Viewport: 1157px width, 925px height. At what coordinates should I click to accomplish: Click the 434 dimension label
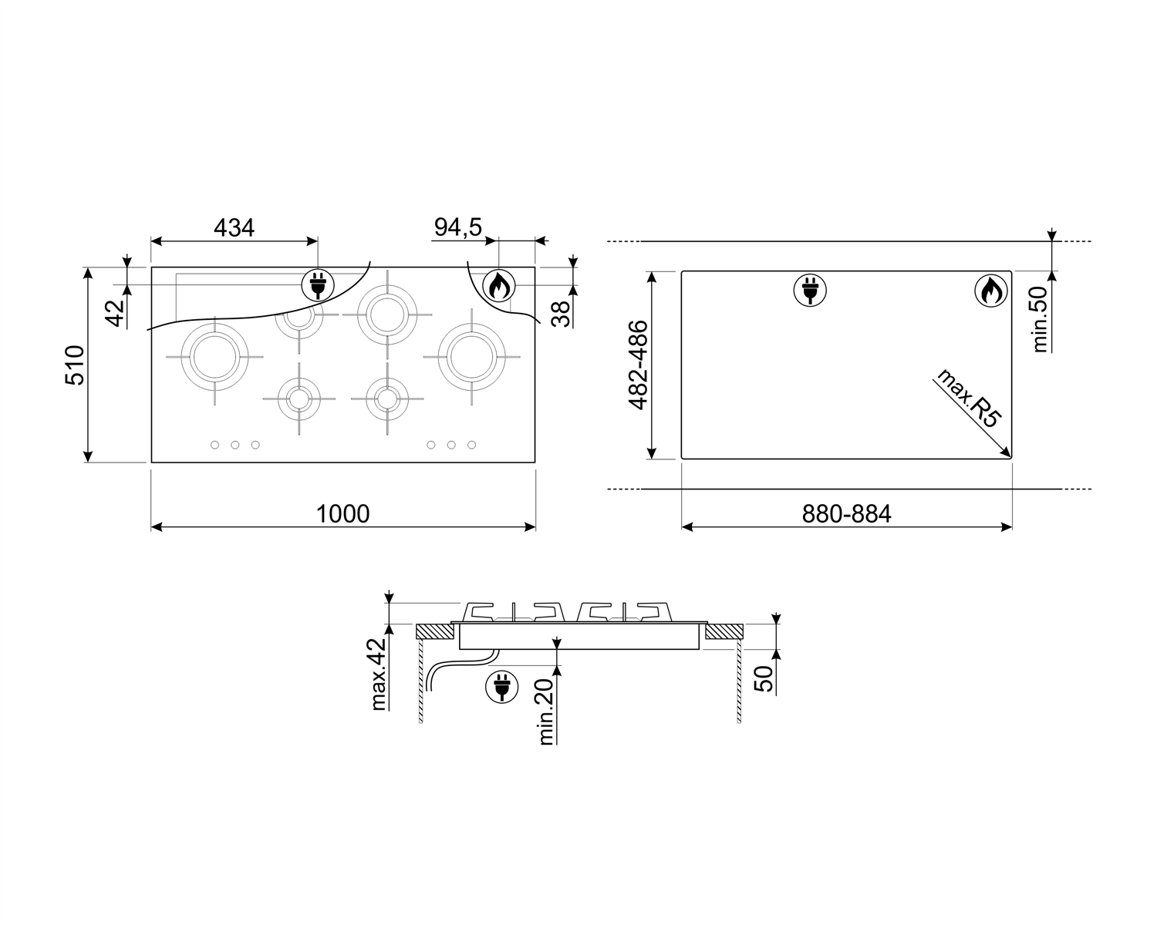tap(234, 228)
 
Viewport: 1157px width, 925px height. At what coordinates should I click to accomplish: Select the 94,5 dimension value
tap(458, 227)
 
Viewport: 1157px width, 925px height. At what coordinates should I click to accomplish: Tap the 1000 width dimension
tap(343, 514)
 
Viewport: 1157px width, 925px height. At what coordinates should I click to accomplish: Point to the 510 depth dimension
tap(75, 365)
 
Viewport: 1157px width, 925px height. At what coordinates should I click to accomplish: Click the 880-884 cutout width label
tap(847, 514)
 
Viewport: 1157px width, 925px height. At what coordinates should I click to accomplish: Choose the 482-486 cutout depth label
tap(638, 365)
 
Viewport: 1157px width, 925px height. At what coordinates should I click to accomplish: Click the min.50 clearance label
tap(1041, 319)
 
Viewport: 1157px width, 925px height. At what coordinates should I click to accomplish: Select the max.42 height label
tap(379, 674)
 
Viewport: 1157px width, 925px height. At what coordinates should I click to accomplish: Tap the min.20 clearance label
tap(546, 711)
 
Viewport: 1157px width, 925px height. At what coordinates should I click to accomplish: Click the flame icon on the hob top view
tap(498, 285)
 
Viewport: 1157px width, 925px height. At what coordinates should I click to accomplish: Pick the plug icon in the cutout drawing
tap(810, 291)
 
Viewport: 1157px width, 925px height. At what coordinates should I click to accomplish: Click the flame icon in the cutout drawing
tap(991, 291)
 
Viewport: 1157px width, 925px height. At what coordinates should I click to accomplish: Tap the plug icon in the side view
tap(501, 687)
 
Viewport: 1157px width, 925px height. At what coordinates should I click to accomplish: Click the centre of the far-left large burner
tap(214, 357)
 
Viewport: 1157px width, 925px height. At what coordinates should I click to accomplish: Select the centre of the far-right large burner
tap(471, 357)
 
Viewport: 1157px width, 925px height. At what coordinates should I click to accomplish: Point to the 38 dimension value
tap(562, 314)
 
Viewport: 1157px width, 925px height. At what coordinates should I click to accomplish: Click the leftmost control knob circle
tap(214, 445)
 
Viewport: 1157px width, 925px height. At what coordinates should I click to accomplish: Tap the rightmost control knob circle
tap(471, 445)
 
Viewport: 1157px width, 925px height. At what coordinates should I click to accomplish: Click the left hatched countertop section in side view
tap(435, 631)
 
